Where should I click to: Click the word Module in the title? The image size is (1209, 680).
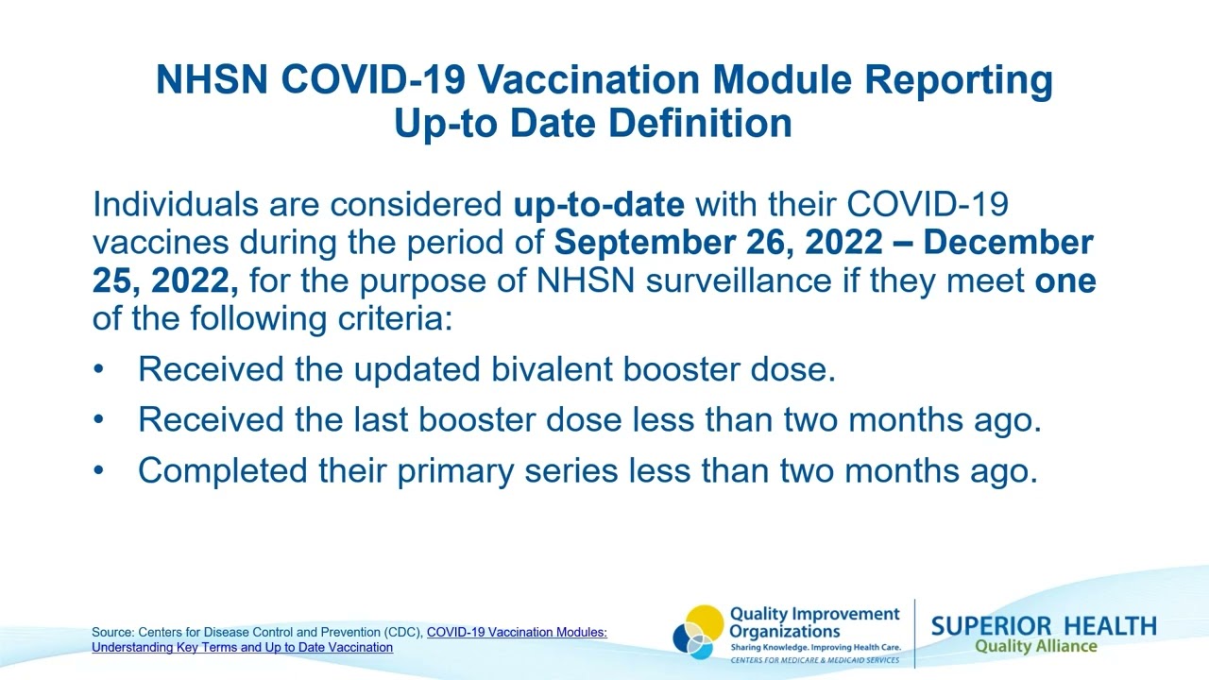(x=780, y=80)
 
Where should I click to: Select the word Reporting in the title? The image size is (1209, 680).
(x=959, y=80)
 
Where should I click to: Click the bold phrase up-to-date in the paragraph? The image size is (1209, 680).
(x=599, y=204)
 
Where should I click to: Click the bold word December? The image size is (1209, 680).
(x=1008, y=243)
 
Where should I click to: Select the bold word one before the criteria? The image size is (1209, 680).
(x=1065, y=280)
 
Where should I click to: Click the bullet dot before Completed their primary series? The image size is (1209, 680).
(x=99, y=470)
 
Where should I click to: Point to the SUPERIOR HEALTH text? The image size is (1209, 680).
(x=1043, y=626)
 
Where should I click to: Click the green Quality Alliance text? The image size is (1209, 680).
(x=1035, y=647)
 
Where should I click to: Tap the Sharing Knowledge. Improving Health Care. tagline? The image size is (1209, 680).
(x=814, y=648)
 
